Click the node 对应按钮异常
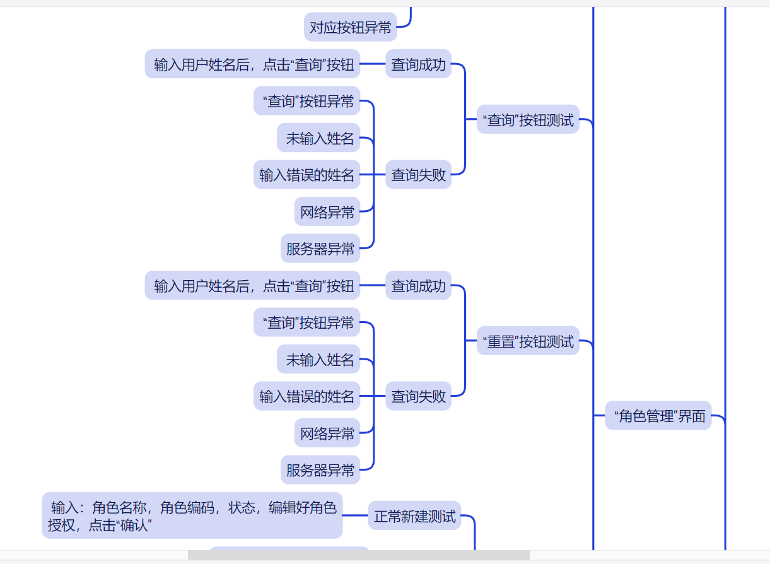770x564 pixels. (x=351, y=27)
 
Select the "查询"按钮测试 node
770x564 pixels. (x=528, y=119)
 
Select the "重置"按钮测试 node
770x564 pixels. (x=528, y=341)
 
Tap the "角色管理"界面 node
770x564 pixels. (x=658, y=416)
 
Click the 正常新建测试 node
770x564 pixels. (x=415, y=516)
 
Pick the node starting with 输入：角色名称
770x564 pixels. (x=192, y=516)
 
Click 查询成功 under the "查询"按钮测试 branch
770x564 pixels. (x=419, y=64)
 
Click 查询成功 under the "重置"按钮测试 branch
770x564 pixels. (x=419, y=286)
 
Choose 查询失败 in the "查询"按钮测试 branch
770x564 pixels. (x=419, y=175)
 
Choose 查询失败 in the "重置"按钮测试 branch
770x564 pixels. (x=419, y=396)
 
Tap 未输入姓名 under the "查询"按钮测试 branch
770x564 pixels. (x=319, y=138)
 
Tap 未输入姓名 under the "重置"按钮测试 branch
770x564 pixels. (x=319, y=360)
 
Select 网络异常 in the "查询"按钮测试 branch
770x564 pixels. (x=327, y=212)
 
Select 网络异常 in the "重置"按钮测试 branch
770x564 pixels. (x=327, y=433)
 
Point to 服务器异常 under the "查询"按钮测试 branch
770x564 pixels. (x=320, y=249)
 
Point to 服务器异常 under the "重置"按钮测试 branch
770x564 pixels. (x=320, y=470)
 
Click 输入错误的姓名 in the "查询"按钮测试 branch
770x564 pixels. (x=307, y=175)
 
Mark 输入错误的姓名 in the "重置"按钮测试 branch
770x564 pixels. (x=307, y=396)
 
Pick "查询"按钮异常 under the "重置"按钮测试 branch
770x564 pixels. (x=307, y=323)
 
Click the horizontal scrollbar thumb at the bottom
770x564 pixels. (x=358, y=555)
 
